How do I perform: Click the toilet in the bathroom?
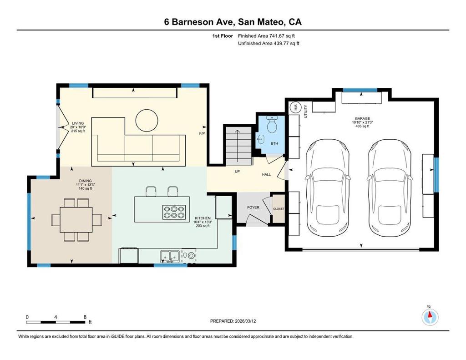coord(272,124)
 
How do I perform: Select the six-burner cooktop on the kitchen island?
coord(174,212)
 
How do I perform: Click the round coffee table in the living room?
coord(147,121)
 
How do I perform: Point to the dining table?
coord(76,220)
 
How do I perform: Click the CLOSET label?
coord(279,209)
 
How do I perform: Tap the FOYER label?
coord(253,207)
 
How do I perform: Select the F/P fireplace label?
coord(202,133)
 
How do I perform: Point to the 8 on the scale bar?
coord(85,317)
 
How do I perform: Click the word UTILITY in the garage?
coord(305,112)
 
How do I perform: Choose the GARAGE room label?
coord(362,118)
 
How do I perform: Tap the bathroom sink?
coord(261,139)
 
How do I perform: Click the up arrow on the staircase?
coord(237,146)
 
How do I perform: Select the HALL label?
coord(266,174)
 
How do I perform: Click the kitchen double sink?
coord(169,256)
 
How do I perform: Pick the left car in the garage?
coord(327,188)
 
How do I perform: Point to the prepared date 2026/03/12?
coord(245,321)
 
